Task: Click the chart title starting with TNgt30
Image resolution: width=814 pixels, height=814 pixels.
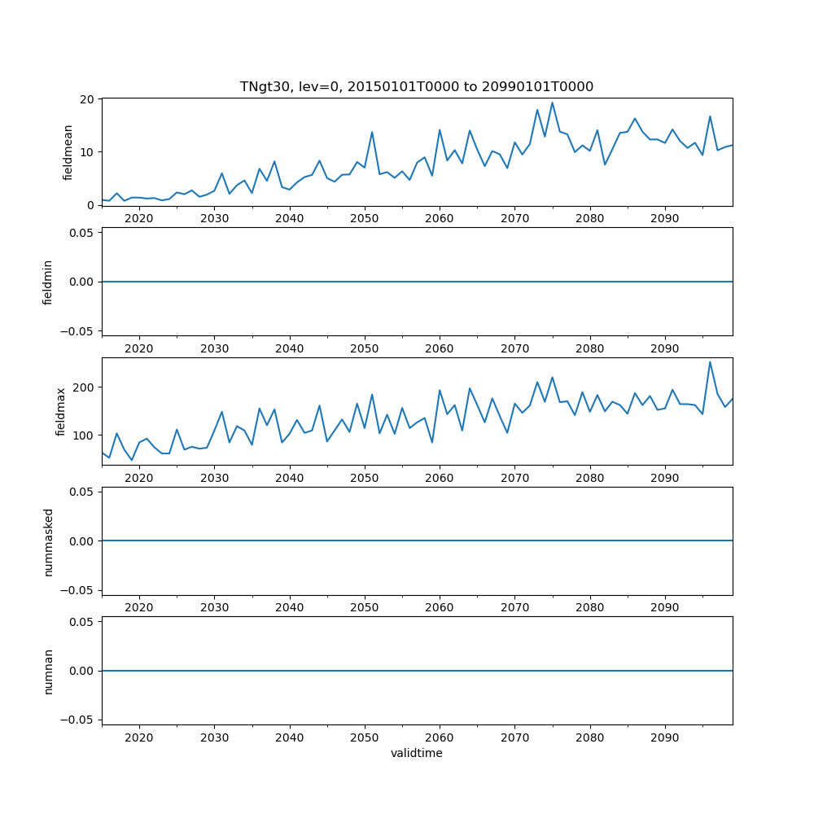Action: [416, 86]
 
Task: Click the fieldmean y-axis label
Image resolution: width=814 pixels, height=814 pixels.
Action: [68, 152]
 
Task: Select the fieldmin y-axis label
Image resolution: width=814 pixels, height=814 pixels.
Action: [48, 282]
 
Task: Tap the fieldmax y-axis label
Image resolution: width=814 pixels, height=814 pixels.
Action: [60, 411]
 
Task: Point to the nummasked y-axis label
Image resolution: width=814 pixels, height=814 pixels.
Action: [48, 541]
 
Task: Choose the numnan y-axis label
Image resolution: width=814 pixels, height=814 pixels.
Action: [48, 671]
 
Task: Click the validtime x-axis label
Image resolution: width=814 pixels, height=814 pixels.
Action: [417, 754]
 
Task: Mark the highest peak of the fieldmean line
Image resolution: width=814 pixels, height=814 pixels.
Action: [552, 103]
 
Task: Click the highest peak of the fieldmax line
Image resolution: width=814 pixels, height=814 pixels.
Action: [710, 362]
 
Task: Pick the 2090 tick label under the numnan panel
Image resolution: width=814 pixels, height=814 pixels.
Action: [665, 737]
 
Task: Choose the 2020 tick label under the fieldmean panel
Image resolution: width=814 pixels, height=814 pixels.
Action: [139, 219]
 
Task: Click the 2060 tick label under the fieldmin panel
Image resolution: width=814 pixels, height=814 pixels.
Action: [440, 348]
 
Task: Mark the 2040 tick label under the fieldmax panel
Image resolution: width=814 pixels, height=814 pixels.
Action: [289, 478]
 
